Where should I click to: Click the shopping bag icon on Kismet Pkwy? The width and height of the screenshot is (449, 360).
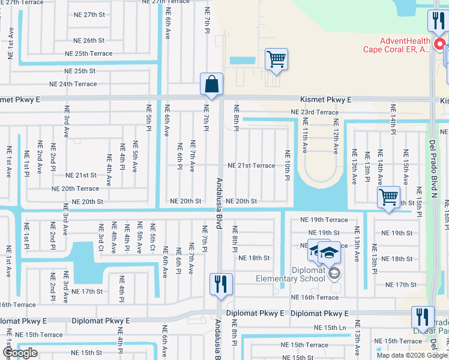click(212, 85)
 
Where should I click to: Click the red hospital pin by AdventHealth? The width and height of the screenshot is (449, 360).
click(439, 44)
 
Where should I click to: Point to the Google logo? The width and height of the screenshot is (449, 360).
click(19, 353)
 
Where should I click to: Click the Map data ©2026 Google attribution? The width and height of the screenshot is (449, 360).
click(412, 355)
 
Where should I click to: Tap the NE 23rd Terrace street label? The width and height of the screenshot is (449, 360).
click(315, 112)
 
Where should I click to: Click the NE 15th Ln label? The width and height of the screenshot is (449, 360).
click(331, 328)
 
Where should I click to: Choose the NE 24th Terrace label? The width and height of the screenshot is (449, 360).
click(73, 84)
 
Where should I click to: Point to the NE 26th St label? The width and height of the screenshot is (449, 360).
click(89, 41)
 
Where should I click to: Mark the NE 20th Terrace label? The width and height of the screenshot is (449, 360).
click(75, 188)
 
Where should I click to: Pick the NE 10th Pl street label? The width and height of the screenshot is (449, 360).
click(288, 166)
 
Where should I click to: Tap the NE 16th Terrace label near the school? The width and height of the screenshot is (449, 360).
click(315, 298)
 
